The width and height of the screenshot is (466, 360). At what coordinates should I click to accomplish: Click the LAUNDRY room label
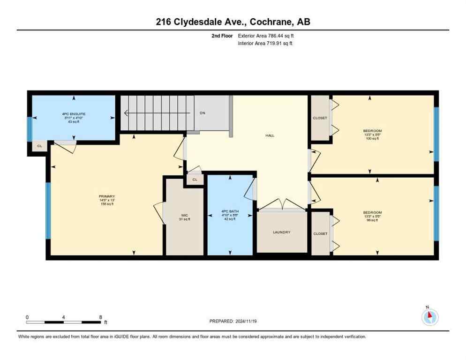point(282,232)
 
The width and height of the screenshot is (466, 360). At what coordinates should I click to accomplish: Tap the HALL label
point(270,135)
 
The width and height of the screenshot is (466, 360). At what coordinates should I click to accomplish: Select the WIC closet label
point(185,217)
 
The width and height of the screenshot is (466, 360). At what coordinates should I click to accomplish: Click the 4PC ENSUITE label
point(74,114)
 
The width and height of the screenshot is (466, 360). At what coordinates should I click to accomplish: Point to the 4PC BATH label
point(230,211)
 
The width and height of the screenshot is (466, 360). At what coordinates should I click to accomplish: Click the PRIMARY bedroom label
point(107,196)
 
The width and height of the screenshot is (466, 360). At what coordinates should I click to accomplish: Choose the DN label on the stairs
point(203,113)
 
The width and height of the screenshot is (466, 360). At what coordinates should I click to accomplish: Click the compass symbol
point(429,317)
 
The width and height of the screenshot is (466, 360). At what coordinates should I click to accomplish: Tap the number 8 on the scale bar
point(100,317)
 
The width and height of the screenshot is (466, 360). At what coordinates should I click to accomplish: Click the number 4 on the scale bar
point(63,317)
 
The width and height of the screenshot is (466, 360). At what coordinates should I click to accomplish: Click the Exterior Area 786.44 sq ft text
point(266,36)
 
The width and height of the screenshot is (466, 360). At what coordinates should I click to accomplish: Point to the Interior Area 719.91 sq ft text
point(265,43)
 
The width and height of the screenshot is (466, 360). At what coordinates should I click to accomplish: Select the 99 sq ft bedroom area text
point(372,220)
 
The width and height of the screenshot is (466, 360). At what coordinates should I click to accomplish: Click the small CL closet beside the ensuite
point(39,146)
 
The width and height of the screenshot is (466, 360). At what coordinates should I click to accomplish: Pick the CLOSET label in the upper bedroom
point(320,118)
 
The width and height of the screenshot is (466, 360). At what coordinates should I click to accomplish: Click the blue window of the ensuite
point(29,129)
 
